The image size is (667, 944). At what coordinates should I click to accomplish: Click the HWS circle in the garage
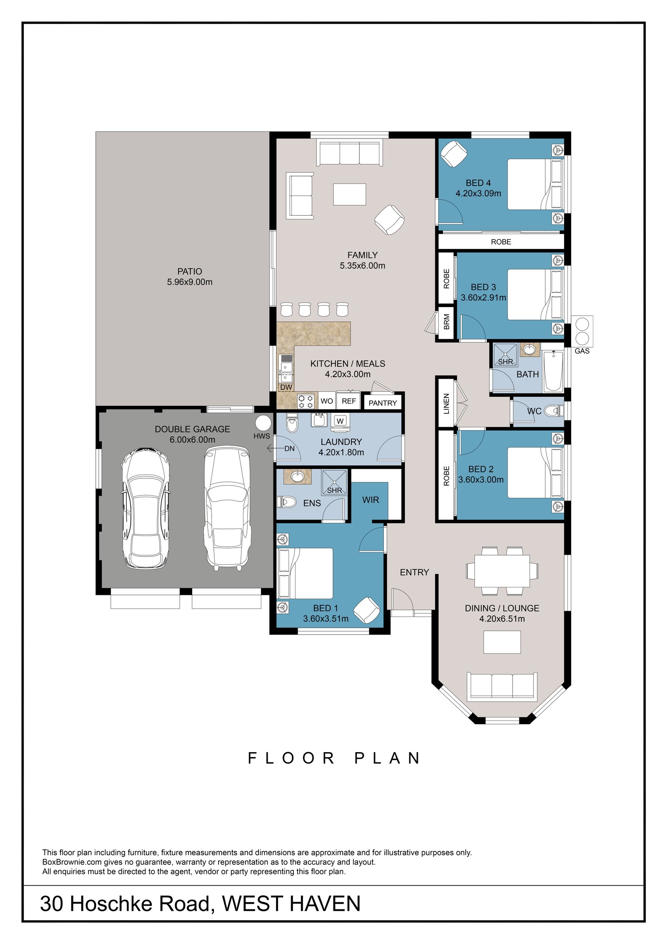(263, 423)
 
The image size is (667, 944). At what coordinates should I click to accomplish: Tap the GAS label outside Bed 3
(582, 351)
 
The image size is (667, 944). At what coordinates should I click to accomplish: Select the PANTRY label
(383, 403)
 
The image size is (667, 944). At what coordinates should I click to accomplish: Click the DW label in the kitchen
(286, 388)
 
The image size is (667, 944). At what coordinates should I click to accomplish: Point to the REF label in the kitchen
(349, 401)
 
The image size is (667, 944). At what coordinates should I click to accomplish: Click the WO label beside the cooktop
(327, 401)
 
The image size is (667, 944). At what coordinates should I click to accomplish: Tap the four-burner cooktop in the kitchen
(306, 401)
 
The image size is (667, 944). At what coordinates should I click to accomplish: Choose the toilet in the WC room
(554, 411)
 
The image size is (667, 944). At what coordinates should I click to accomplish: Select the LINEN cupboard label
(446, 403)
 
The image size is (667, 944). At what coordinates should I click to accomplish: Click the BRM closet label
(446, 322)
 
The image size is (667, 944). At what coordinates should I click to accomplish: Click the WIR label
(371, 500)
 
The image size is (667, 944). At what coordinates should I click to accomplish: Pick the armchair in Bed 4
(454, 154)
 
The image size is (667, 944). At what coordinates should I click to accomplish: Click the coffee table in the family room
(349, 194)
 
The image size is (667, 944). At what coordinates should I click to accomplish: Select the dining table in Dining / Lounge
(502, 571)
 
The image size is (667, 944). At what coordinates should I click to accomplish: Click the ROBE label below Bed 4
(501, 242)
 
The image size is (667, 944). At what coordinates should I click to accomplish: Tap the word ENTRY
(414, 572)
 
